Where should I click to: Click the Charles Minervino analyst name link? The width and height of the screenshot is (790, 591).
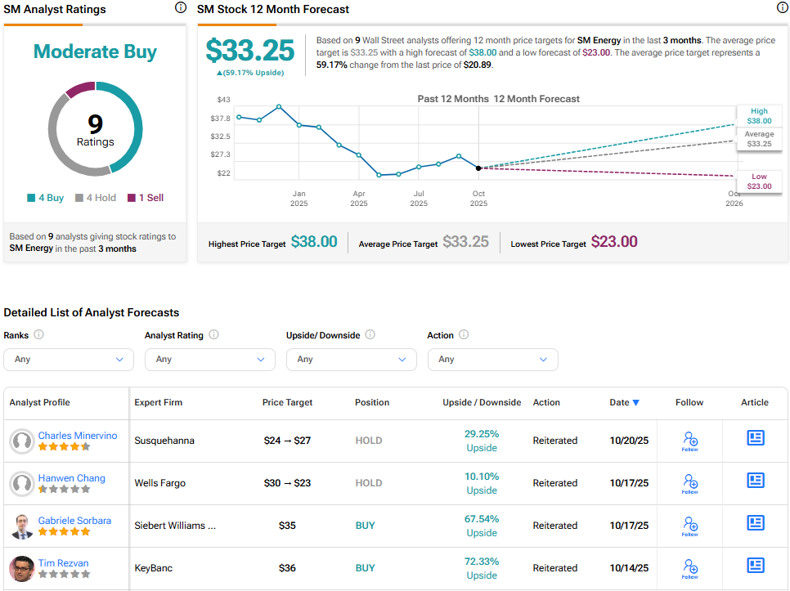tap(78, 436)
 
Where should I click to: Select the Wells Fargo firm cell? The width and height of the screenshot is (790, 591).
tap(159, 483)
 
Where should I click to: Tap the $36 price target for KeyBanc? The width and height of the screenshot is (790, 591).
tap(287, 568)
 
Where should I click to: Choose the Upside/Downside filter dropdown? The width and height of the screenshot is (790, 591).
tap(351, 359)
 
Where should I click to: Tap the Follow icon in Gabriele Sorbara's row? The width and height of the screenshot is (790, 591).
tap(689, 526)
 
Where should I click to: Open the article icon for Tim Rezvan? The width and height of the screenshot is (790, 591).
tap(755, 566)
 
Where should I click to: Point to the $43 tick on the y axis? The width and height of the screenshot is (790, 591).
tap(223, 100)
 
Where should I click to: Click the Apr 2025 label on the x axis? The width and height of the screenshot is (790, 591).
tap(359, 198)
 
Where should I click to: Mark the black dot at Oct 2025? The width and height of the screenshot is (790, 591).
tap(478, 168)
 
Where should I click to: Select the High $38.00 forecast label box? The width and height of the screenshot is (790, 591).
tap(758, 115)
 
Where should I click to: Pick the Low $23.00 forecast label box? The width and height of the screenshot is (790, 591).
tap(758, 181)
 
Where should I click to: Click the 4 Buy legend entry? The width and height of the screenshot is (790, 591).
tap(46, 198)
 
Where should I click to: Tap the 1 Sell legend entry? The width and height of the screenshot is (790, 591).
tap(145, 198)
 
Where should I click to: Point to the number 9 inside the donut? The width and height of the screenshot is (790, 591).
tap(96, 123)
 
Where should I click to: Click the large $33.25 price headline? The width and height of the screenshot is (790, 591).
tap(249, 51)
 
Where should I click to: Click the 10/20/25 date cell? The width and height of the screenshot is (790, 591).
tap(628, 441)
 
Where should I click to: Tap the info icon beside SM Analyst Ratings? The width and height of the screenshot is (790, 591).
tap(180, 8)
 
